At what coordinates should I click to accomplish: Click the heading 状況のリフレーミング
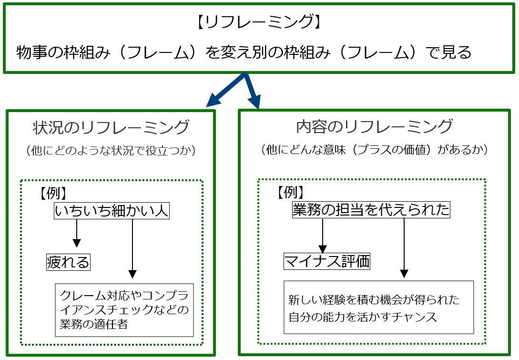tap(111, 127)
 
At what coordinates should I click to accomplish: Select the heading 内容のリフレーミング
tap(374, 126)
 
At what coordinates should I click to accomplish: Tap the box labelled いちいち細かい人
tap(112, 211)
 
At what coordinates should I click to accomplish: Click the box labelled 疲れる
tap(68, 262)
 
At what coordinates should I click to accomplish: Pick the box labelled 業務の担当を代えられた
tap(371, 210)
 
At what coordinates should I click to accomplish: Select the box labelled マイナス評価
tap(327, 261)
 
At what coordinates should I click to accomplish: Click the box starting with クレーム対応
tap(124, 310)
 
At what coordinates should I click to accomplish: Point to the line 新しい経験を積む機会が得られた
tap(374, 300)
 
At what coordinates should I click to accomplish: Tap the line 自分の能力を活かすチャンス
tap(362, 317)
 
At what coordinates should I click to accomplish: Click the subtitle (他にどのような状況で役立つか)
tap(111, 150)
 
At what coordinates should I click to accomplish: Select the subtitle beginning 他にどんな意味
tap(374, 150)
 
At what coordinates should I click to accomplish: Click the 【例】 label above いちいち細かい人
tap(53, 193)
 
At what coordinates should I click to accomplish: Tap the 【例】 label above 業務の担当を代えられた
tap(291, 192)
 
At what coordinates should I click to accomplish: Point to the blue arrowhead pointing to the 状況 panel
tap(214, 100)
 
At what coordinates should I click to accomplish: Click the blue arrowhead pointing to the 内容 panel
tap(255, 102)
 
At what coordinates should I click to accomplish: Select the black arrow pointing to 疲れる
tap(77, 233)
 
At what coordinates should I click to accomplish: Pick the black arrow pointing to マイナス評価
tap(323, 236)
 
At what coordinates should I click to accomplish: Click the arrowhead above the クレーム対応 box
tap(132, 274)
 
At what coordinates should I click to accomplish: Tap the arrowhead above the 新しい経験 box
tap(404, 273)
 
